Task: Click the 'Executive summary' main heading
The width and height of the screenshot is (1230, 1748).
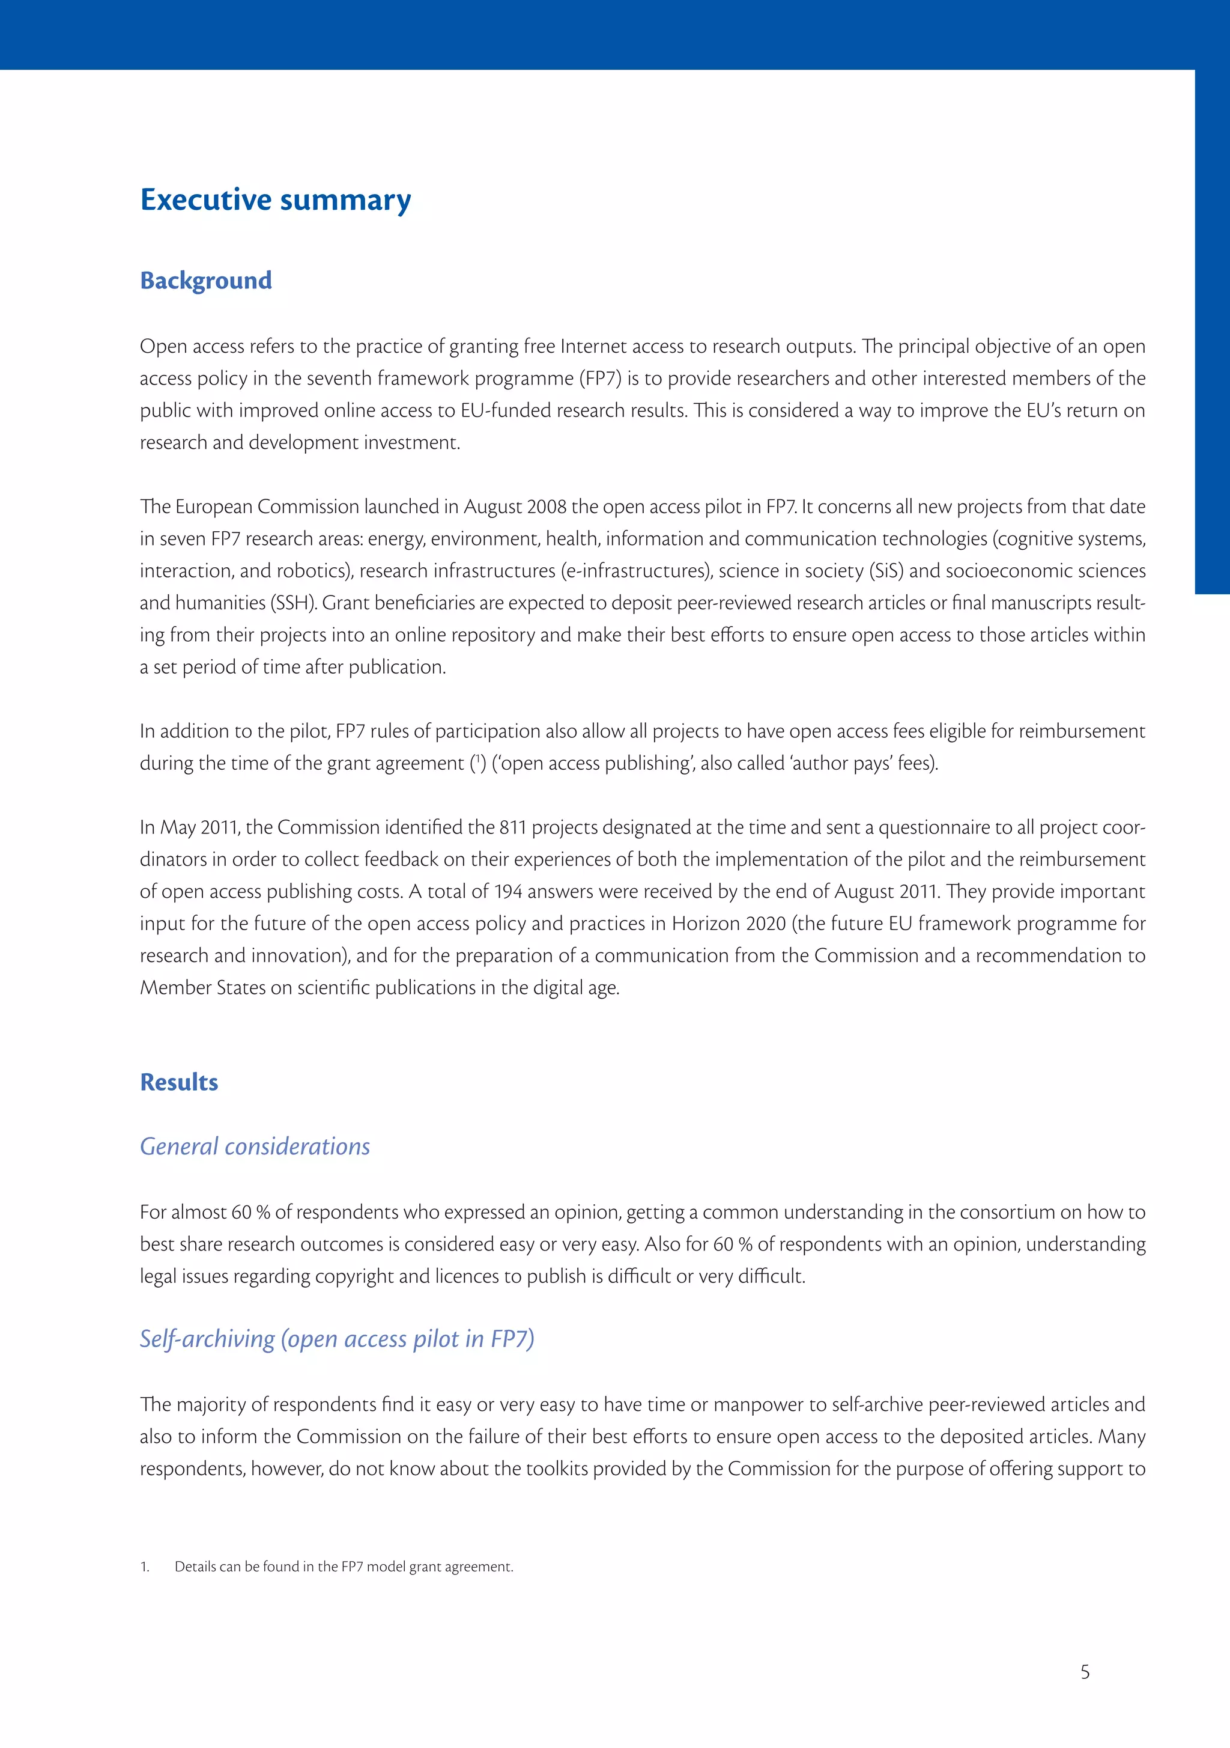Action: click(276, 199)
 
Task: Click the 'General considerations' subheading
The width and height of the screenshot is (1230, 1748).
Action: click(255, 1147)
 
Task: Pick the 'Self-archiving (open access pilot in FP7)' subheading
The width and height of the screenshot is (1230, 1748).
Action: click(337, 1339)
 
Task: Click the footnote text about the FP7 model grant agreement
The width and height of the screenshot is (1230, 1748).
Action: click(344, 1567)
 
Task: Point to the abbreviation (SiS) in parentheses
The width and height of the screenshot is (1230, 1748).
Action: click(886, 571)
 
